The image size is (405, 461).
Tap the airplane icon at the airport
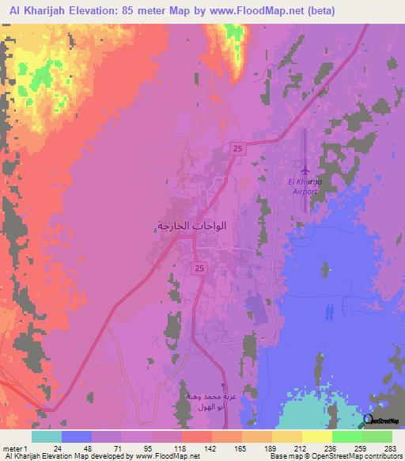[x=305, y=170]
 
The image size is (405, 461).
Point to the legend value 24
[x=58, y=448]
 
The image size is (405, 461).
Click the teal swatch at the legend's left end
[x=47, y=436]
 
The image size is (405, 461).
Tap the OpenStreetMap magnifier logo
[x=369, y=421]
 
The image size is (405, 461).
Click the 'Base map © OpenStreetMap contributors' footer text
[x=335, y=457]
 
